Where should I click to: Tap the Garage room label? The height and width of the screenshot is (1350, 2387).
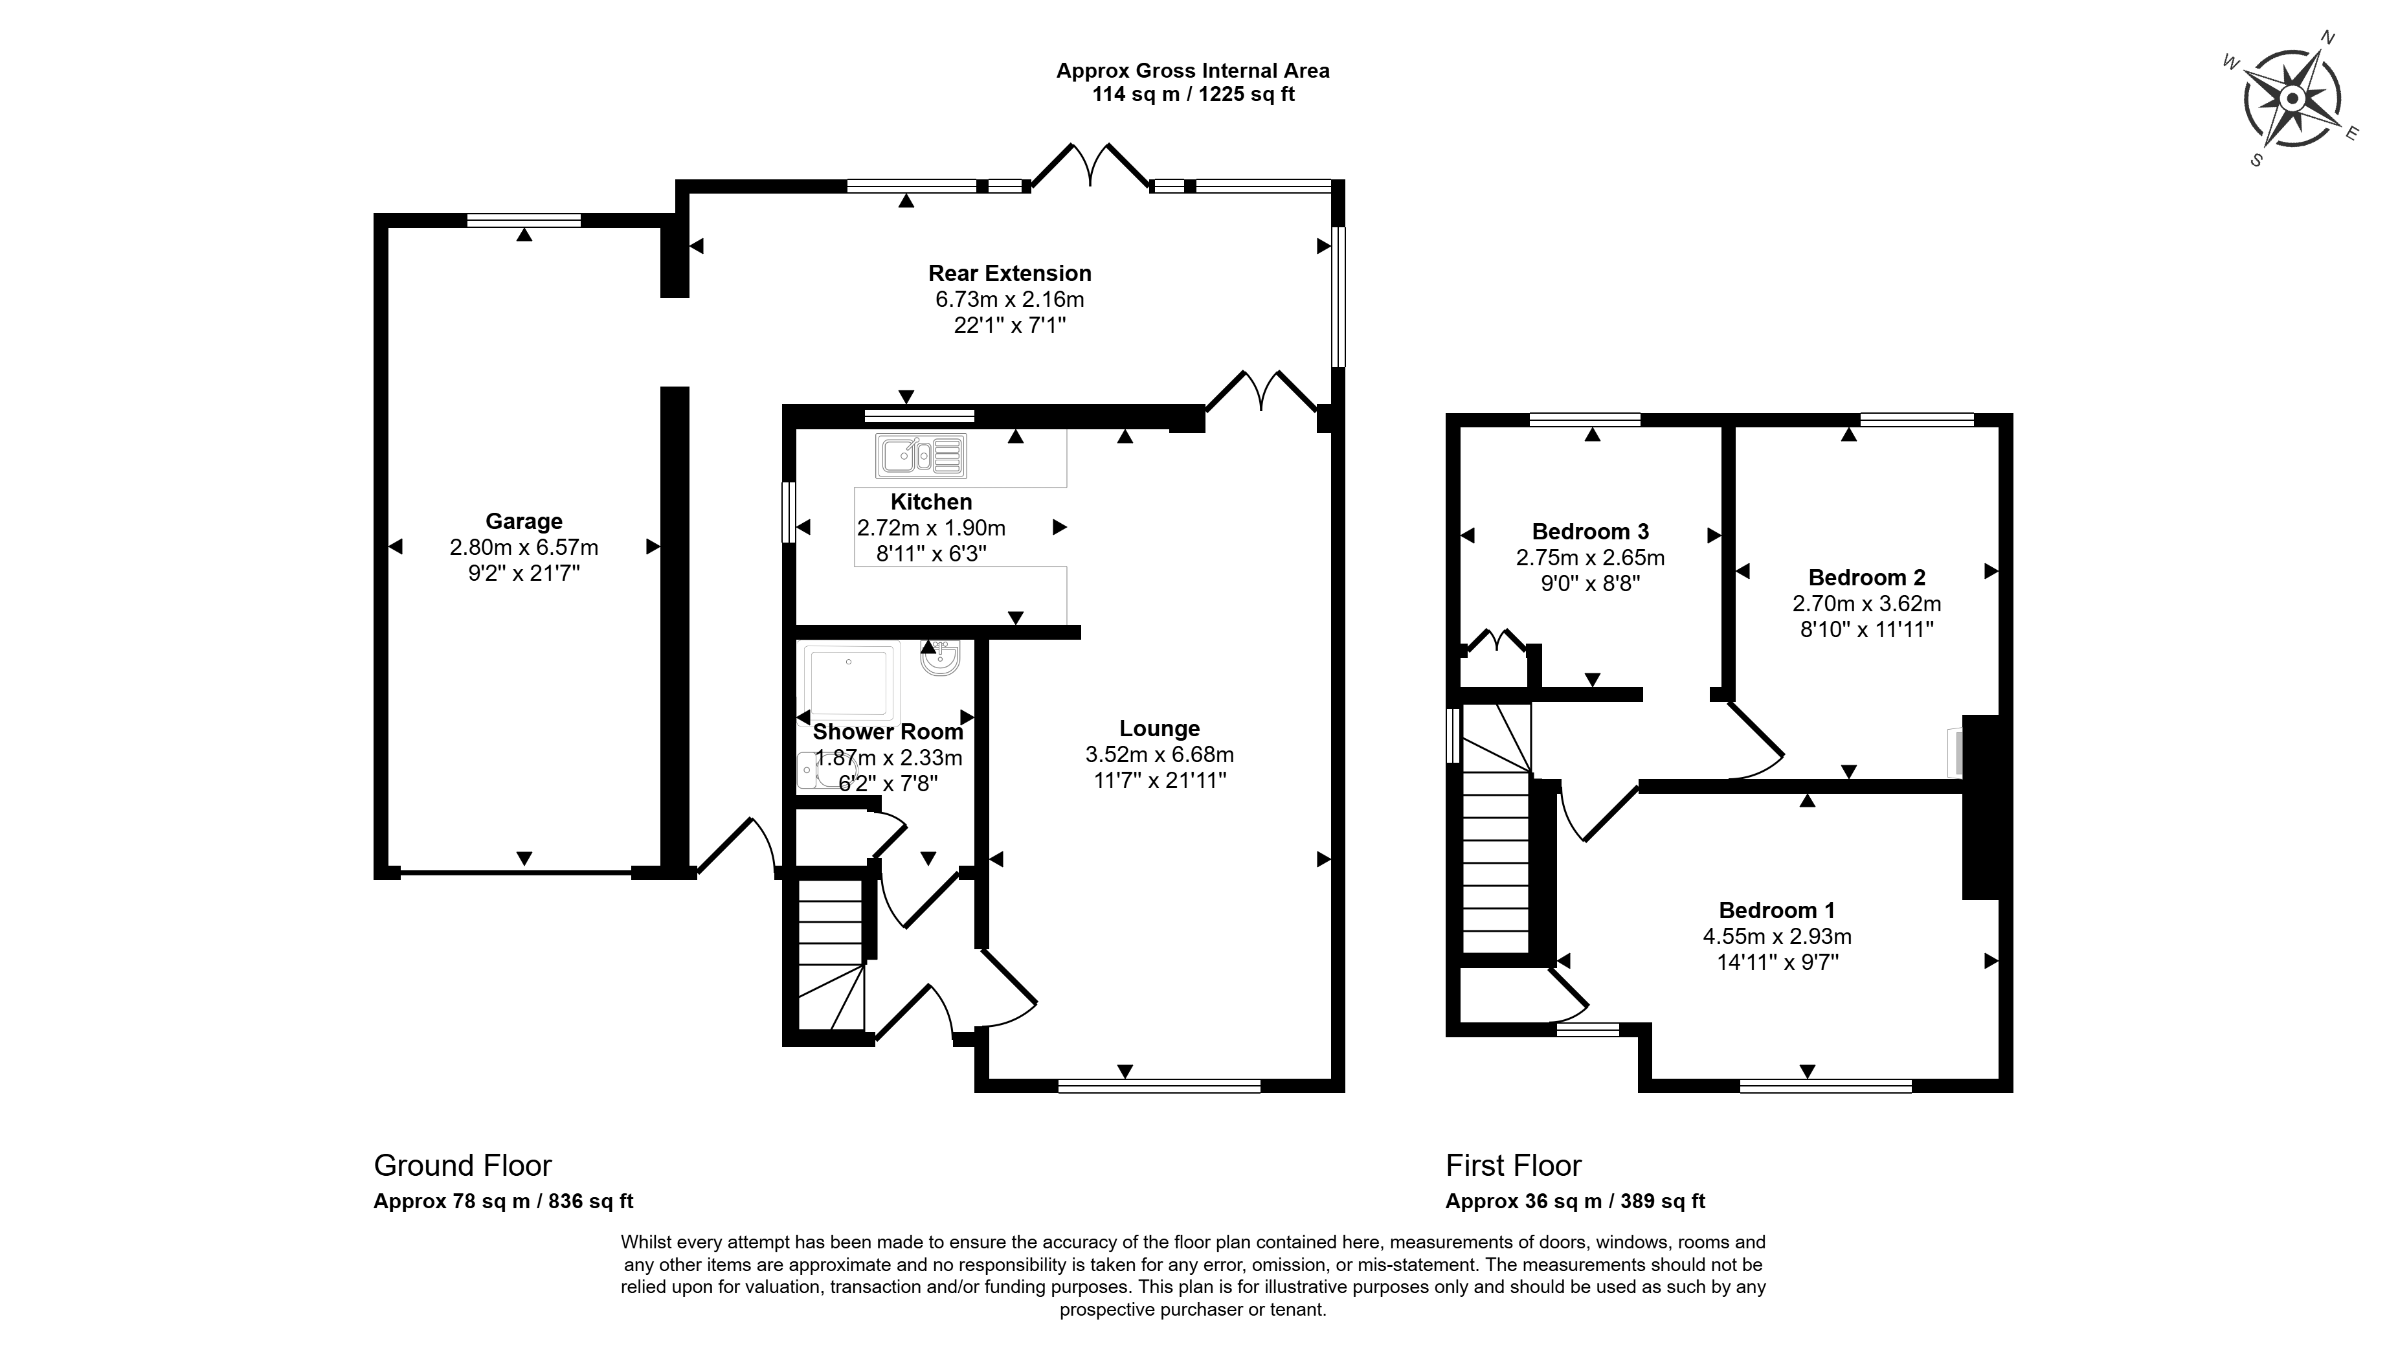tap(524, 521)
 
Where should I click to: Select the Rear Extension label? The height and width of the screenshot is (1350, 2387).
tap(1009, 273)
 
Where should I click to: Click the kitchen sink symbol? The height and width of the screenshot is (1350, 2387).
tap(921, 456)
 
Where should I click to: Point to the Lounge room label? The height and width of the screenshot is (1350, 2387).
tap(1159, 729)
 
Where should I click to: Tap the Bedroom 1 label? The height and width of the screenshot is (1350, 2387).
tap(1776, 910)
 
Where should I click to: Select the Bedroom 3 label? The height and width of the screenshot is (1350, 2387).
tap(1590, 532)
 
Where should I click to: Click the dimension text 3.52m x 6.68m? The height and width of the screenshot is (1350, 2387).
tap(1159, 755)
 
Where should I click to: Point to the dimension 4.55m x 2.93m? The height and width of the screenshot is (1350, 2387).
tap(1776, 936)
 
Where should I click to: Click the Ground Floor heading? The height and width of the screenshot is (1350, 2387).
tap(462, 1165)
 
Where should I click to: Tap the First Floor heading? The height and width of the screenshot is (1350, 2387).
tap(1513, 1165)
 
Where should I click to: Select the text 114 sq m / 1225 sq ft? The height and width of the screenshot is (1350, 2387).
tap(1193, 95)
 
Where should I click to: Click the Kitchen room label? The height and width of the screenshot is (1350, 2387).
tap(931, 502)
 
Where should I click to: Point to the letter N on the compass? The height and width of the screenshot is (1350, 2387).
tap(2325, 63)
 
